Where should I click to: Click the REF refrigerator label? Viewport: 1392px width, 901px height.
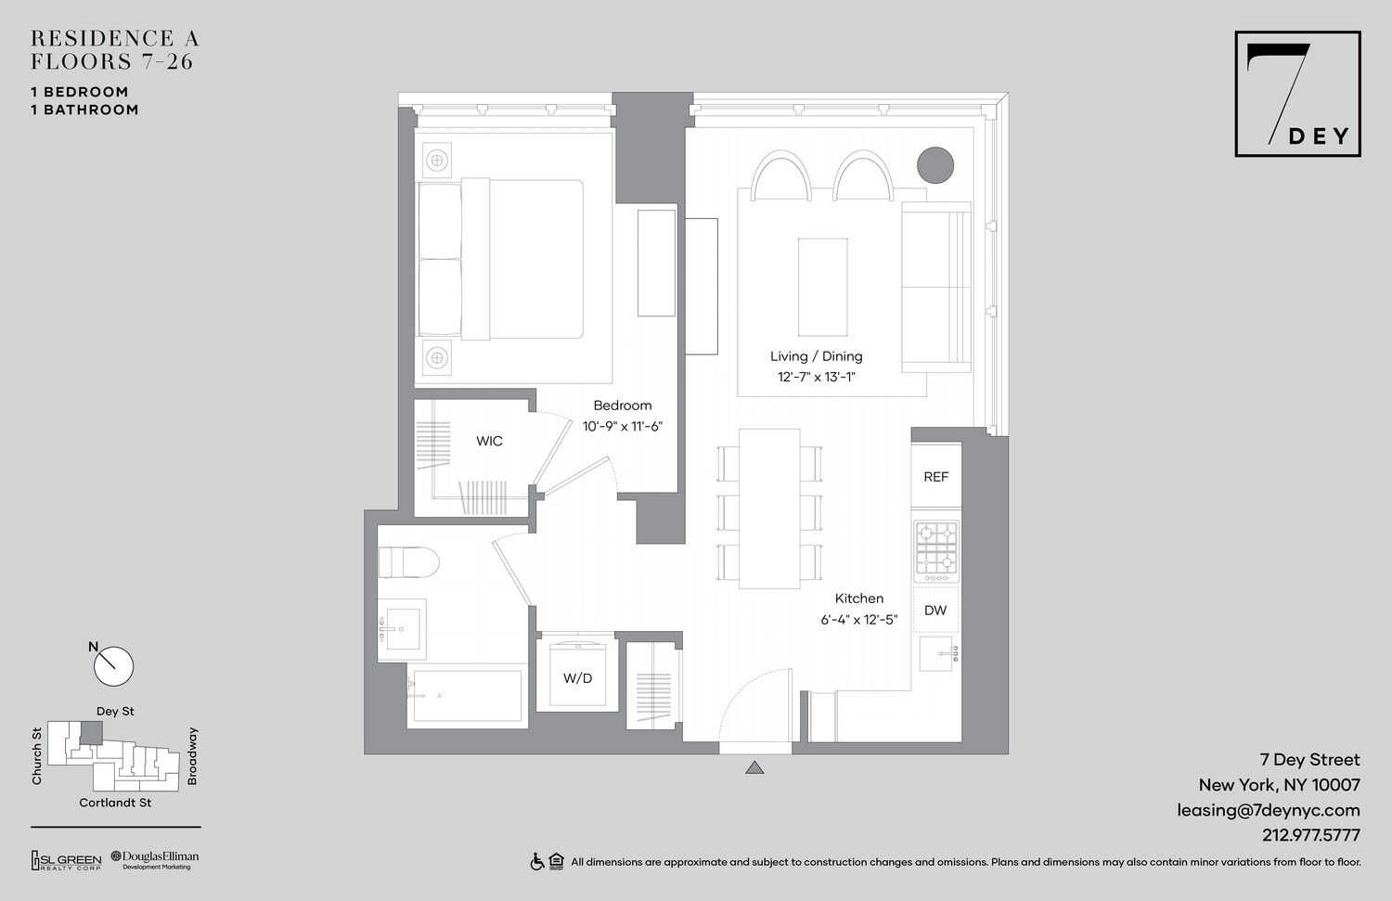(x=935, y=477)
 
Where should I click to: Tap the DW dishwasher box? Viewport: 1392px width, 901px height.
(x=935, y=611)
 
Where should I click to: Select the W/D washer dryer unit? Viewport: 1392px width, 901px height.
(x=577, y=676)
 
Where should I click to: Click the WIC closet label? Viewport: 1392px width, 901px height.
(x=489, y=442)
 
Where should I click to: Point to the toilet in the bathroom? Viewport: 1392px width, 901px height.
(x=408, y=562)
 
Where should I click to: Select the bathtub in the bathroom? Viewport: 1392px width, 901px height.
(x=467, y=695)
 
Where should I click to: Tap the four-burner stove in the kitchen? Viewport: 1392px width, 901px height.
(x=936, y=551)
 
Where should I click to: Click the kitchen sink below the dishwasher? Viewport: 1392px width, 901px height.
(x=937, y=654)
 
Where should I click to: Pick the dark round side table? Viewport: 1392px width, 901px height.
(x=935, y=165)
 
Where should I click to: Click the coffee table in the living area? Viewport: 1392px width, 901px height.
(x=822, y=287)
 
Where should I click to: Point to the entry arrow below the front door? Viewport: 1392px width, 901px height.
(x=754, y=767)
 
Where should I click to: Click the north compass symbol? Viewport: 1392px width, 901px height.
(x=113, y=665)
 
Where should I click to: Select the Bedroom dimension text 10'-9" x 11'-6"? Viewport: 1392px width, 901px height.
(x=623, y=427)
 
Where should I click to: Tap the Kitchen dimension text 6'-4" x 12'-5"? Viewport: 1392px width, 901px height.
(x=858, y=620)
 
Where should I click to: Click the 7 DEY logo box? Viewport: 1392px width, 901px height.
(x=1297, y=94)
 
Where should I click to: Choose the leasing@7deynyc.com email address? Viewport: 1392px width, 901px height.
(x=1269, y=810)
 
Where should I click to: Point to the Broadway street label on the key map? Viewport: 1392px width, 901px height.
(x=193, y=756)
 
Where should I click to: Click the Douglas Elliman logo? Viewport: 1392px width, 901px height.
(x=155, y=860)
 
